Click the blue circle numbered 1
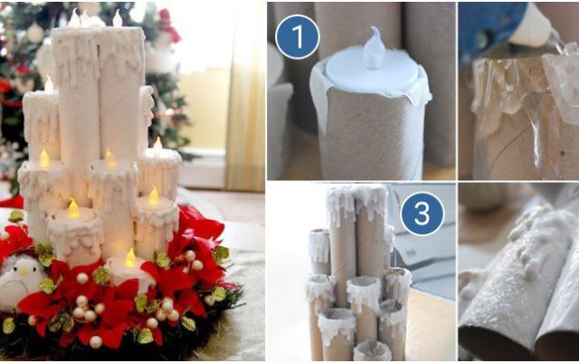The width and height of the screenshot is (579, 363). pyautogui.click(x=298, y=36)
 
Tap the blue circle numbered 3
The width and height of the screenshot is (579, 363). pyautogui.click(x=422, y=214)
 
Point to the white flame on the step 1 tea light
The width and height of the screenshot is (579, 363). pyautogui.click(x=374, y=48)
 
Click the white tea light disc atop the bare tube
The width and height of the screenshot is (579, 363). pyautogui.click(x=372, y=73)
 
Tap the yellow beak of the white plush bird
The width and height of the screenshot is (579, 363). pyautogui.click(x=24, y=272)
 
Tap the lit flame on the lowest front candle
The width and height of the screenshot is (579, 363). pyautogui.click(x=130, y=258)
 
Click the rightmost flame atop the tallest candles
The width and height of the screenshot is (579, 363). pyautogui.click(x=118, y=18)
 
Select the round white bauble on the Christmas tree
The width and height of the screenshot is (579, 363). pyautogui.click(x=35, y=33)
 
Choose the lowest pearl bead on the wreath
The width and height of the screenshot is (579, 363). pyautogui.click(x=96, y=342)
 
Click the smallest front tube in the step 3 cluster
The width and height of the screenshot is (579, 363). pyautogui.click(x=372, y=350)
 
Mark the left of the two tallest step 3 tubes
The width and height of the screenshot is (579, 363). pyautogui.click(x=342, y=244)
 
